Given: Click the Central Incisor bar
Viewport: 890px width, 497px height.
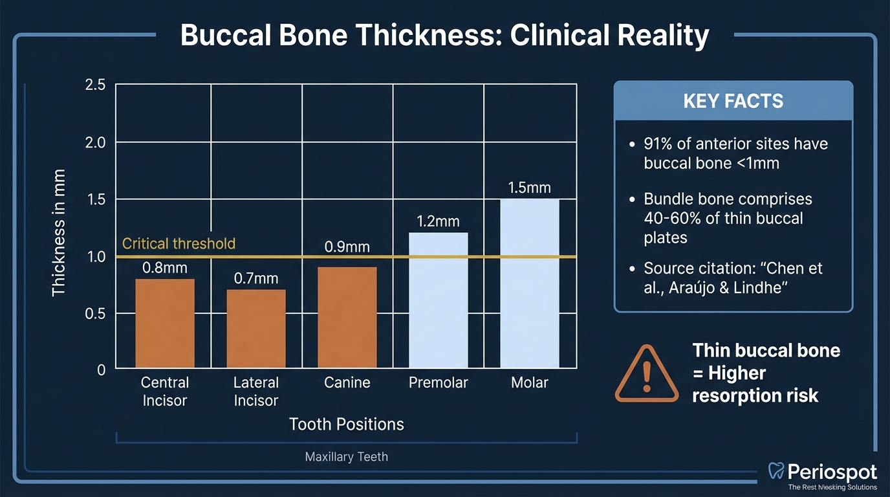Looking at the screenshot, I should coord(165,324).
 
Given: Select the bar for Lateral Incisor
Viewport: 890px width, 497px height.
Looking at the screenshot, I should coord(255,329).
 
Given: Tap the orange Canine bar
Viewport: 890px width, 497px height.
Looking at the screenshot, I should coord(347,317).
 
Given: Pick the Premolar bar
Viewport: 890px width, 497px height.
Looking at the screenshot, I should coord(438,300).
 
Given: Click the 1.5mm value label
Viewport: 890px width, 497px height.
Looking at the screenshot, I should coord(529,188).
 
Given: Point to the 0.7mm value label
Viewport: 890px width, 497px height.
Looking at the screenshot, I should coord(255,278).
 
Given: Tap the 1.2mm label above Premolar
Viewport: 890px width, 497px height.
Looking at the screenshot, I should coord(438,221).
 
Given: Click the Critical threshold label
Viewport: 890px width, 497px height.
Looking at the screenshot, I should coord(179,244).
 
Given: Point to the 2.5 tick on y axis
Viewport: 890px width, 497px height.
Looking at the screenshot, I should coord(95,85).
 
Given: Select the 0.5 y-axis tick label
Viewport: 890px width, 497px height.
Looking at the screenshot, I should coord(95,313).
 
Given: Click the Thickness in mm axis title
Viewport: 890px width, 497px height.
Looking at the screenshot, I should coord(59,233).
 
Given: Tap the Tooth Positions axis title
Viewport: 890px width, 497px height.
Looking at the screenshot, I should coord(346,425).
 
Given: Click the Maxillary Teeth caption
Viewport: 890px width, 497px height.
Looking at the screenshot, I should coord(346,457).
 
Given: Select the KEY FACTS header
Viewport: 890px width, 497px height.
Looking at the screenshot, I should coord(733,101).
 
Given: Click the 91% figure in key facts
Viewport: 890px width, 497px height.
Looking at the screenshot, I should coord(659,144).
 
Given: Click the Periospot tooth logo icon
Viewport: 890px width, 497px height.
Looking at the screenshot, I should coord(776,471).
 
